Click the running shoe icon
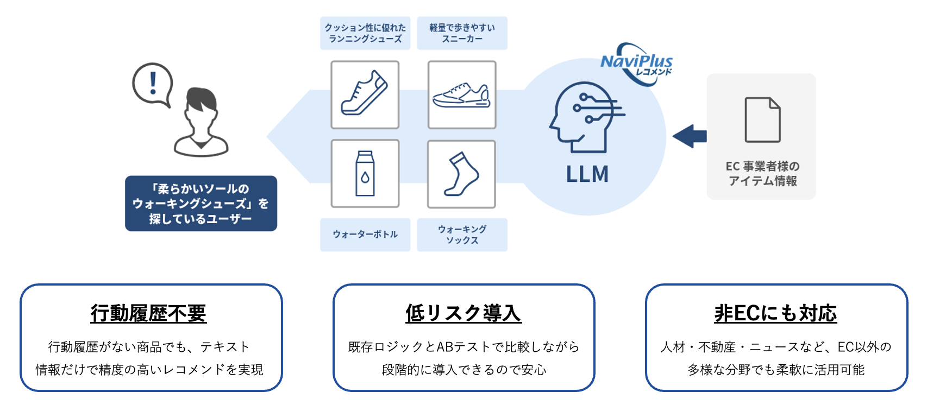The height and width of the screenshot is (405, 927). [x=365, y=94]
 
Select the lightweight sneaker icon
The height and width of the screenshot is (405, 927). [x=462, y=95]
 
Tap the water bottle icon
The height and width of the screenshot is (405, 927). [x=365, y=174]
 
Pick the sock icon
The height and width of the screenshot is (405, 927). [x=461, y=174]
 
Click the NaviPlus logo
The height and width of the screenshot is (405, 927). [x=637, y=64]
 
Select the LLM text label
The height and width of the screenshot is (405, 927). [x=587, y=174]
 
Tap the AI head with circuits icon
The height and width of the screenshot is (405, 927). [x=584, y=117]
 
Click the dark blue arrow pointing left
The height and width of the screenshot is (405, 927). [x=690, y=136]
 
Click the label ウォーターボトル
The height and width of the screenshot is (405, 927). [x=365, y=235]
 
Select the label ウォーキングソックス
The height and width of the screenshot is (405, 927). [x=462, y=235]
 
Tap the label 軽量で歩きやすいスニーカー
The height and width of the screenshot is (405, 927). [x=462, y=33]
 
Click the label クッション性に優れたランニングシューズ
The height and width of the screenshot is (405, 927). [x=365, y=33]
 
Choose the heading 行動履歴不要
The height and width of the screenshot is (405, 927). [x=148, y=313]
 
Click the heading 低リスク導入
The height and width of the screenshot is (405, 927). [x=463, y=313]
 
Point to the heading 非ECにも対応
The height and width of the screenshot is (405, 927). [x=775, y=313]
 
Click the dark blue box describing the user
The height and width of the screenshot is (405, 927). [x=201, y=204]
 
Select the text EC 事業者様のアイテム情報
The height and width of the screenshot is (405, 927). [x=762, y=173]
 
